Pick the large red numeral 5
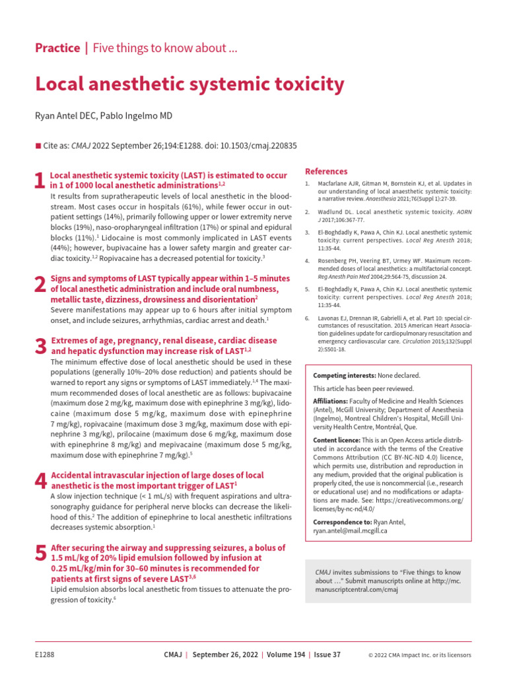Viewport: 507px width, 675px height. click(40, 554)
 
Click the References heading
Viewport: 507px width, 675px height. click(326, 171)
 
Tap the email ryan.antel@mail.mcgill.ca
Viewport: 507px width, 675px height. click(350, 531)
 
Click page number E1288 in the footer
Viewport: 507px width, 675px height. click(44, 655)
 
